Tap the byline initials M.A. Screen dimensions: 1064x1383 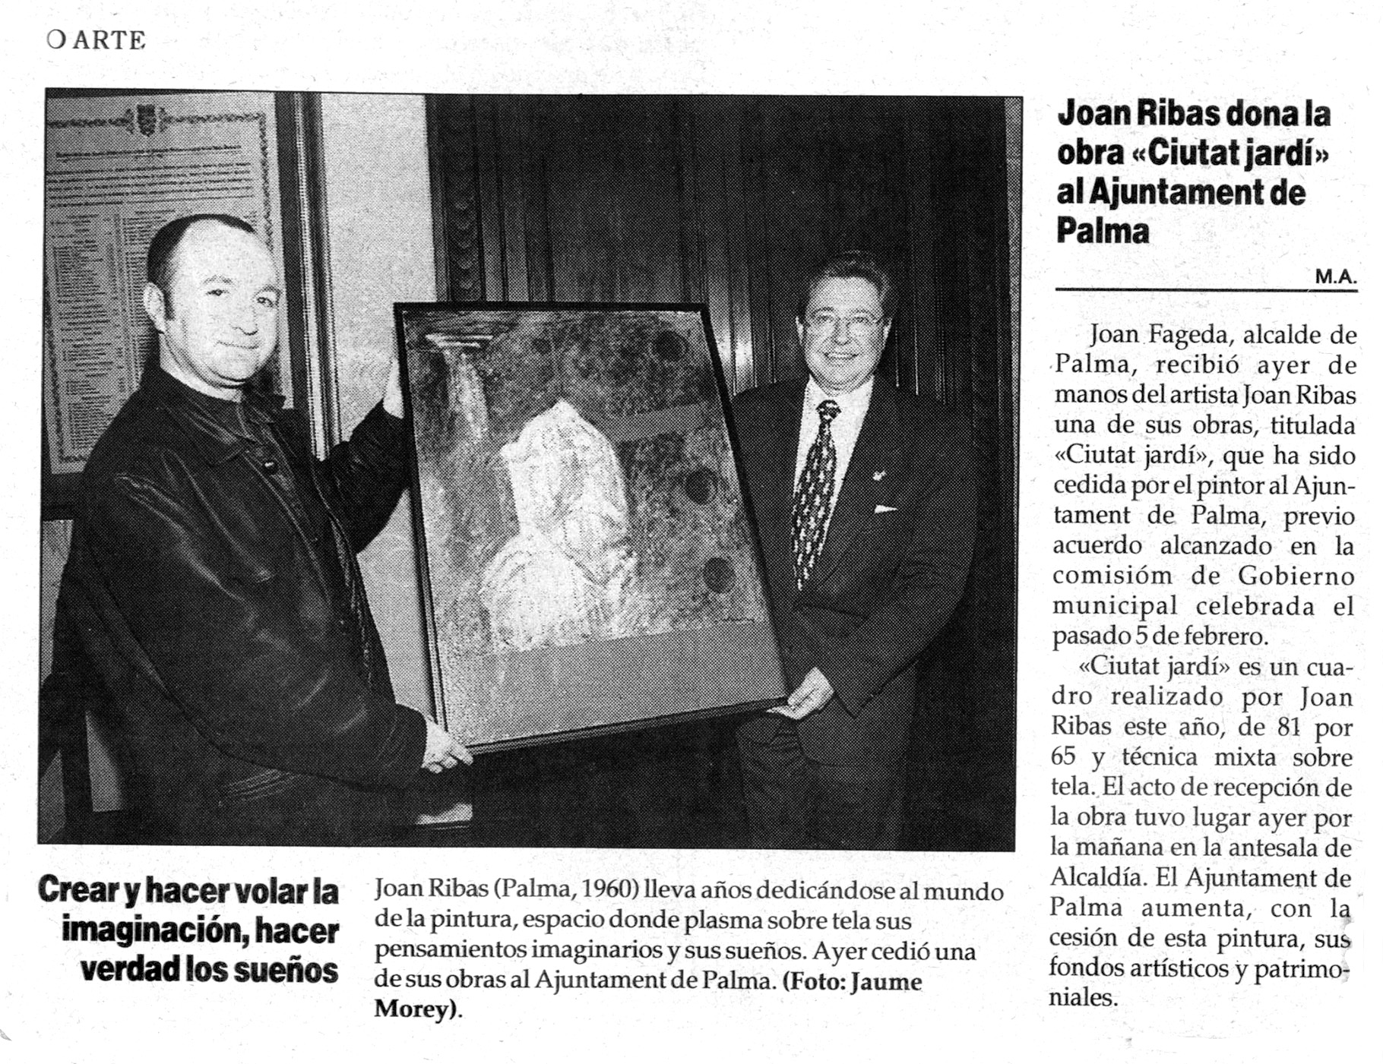[x=1335, y=277]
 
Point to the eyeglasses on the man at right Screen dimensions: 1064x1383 [x=843, y=322]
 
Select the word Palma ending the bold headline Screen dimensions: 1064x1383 [x=1103, y=231]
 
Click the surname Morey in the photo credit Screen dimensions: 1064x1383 [x=414, y=1009]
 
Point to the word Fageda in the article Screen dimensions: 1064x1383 [x=1187, y=334]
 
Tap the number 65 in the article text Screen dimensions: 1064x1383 [x=1064, y=757]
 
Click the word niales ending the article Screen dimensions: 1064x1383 [x=1084, y=998]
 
